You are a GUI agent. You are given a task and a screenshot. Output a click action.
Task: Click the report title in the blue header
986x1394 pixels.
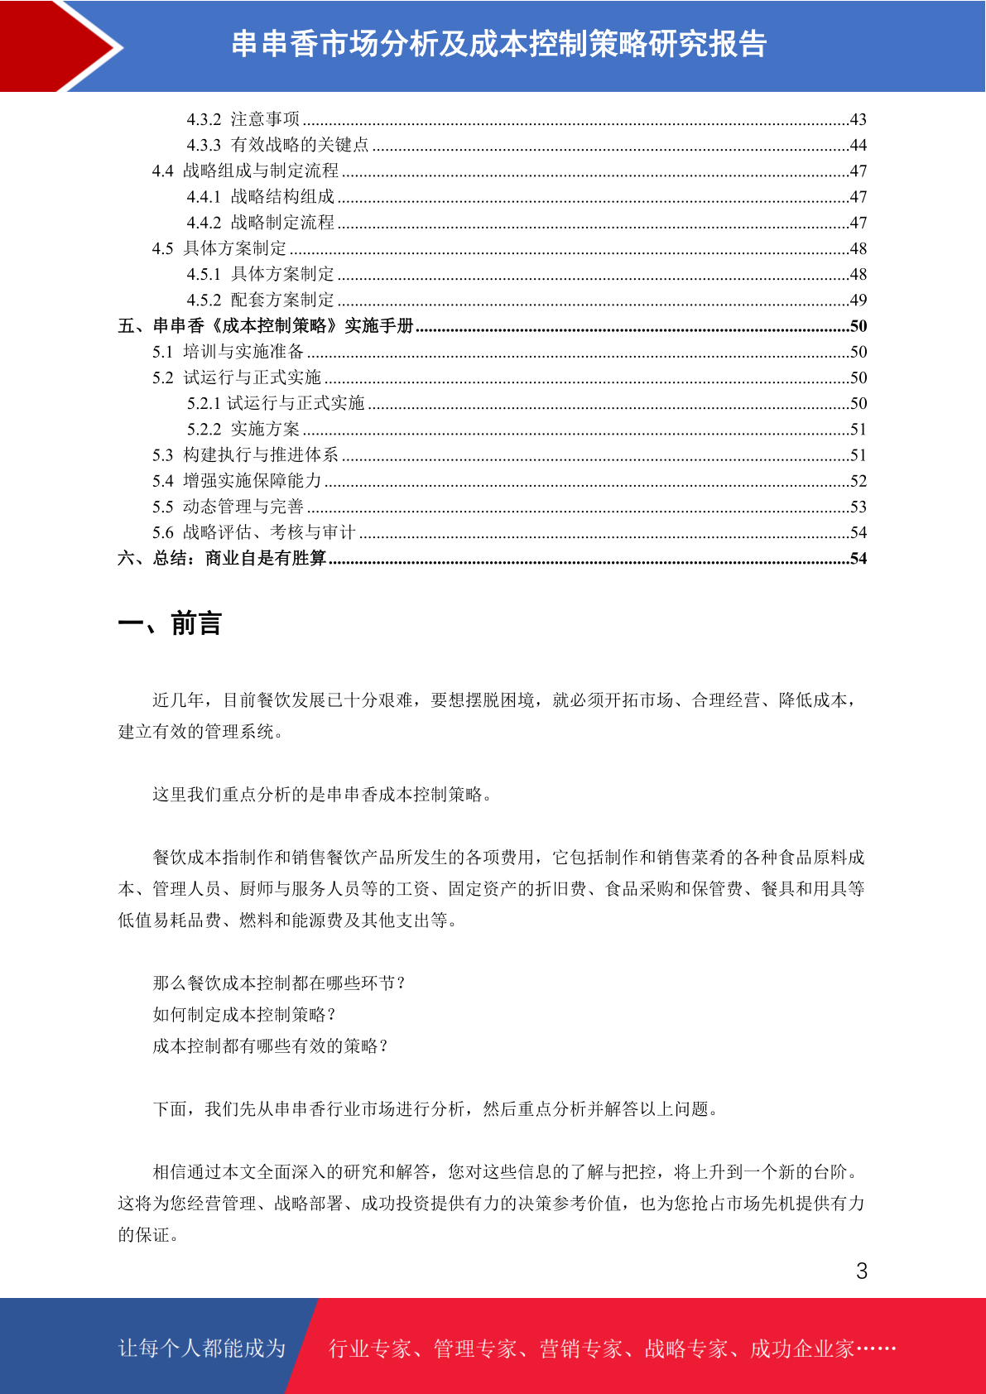pos(498,44)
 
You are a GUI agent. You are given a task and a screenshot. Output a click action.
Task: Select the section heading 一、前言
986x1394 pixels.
pos(170,623)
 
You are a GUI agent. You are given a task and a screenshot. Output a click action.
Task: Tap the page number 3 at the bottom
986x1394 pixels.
pos(862,1271)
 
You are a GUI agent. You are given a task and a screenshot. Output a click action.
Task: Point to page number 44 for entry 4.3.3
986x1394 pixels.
pos(859,146)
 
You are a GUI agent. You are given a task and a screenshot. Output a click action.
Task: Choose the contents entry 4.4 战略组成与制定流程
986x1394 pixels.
pos(245,171)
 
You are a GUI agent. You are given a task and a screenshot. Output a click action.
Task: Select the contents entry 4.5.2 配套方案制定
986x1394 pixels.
pos(260,300)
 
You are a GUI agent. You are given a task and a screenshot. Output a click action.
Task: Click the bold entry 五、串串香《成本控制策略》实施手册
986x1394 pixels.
pos(265,326)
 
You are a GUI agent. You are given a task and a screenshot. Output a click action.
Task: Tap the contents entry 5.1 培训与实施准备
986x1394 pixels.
pos(228,352)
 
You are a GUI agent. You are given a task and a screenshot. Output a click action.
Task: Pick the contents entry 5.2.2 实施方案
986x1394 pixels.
pos(243,429)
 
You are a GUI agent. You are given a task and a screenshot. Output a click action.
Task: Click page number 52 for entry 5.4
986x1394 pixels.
pos(859,481)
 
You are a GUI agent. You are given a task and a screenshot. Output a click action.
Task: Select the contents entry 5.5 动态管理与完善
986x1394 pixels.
pos(228,507)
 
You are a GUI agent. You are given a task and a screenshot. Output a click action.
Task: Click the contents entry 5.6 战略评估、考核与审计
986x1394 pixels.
pos(253,532)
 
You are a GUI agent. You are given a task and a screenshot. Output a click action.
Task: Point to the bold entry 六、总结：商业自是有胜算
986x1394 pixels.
pos(222,558)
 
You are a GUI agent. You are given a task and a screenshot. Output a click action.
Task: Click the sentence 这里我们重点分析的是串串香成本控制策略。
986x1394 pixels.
pos(324,795)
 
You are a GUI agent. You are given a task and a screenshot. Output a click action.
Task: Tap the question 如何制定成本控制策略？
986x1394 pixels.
pos(245,1015)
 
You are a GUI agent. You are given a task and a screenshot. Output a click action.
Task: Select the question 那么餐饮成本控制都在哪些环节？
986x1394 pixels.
pos(280,983)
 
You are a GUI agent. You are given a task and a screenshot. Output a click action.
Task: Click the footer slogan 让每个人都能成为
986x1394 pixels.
pos(202,1348)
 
